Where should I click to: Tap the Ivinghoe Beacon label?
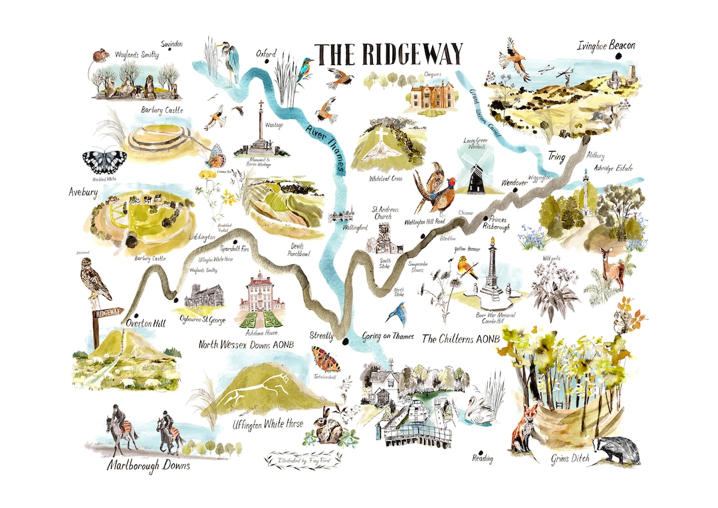(606, 46)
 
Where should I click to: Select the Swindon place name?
(172, 44)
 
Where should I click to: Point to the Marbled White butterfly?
(104, 162)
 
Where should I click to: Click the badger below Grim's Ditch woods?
(617, 450)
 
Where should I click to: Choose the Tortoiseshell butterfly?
(325, 360)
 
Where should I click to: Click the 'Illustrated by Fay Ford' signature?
(304, 459)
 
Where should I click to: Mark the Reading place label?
(483, 457)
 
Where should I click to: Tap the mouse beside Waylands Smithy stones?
(101, 55)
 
